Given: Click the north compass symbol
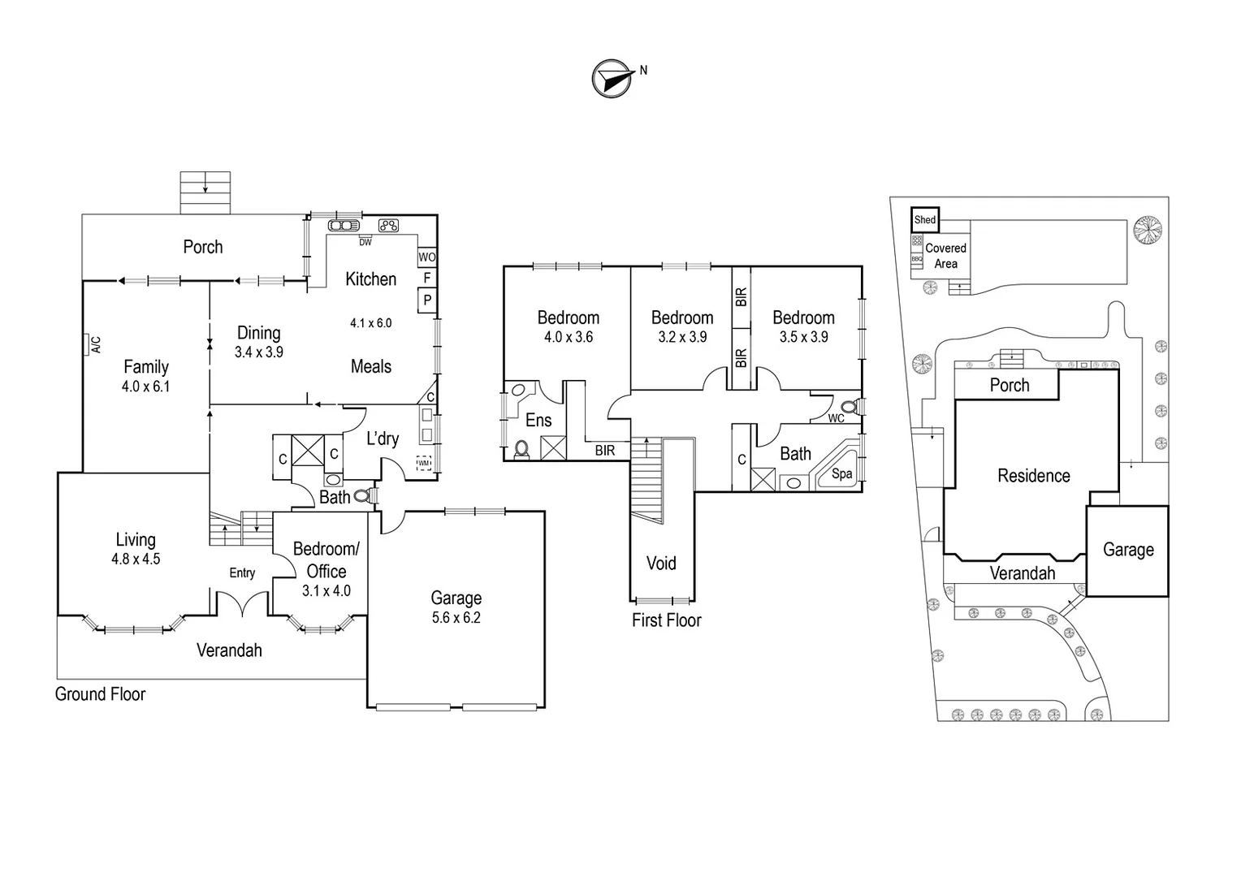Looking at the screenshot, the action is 612,79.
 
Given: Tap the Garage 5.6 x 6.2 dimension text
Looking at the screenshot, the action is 456,618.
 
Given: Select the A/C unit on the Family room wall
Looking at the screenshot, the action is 85,345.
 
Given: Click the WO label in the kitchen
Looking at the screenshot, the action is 427,257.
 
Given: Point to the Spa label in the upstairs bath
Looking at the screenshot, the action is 842,473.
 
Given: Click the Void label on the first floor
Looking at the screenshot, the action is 661,563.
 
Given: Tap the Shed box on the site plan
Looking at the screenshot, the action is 925,219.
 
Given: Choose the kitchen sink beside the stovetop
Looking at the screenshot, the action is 344,226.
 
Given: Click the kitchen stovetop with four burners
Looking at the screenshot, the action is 389,226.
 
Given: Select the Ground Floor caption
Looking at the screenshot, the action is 100,694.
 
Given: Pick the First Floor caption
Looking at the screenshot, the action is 666,620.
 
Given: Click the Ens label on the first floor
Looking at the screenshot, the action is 538,420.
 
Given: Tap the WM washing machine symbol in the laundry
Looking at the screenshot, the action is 424,464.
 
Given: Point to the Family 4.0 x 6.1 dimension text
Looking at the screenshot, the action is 146,387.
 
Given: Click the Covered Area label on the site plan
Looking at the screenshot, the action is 945,256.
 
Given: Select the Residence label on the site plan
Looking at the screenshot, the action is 1033,476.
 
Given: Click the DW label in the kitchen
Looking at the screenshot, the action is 365,242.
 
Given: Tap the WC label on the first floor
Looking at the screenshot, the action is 836,419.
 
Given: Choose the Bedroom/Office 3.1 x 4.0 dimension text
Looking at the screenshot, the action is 326,591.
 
